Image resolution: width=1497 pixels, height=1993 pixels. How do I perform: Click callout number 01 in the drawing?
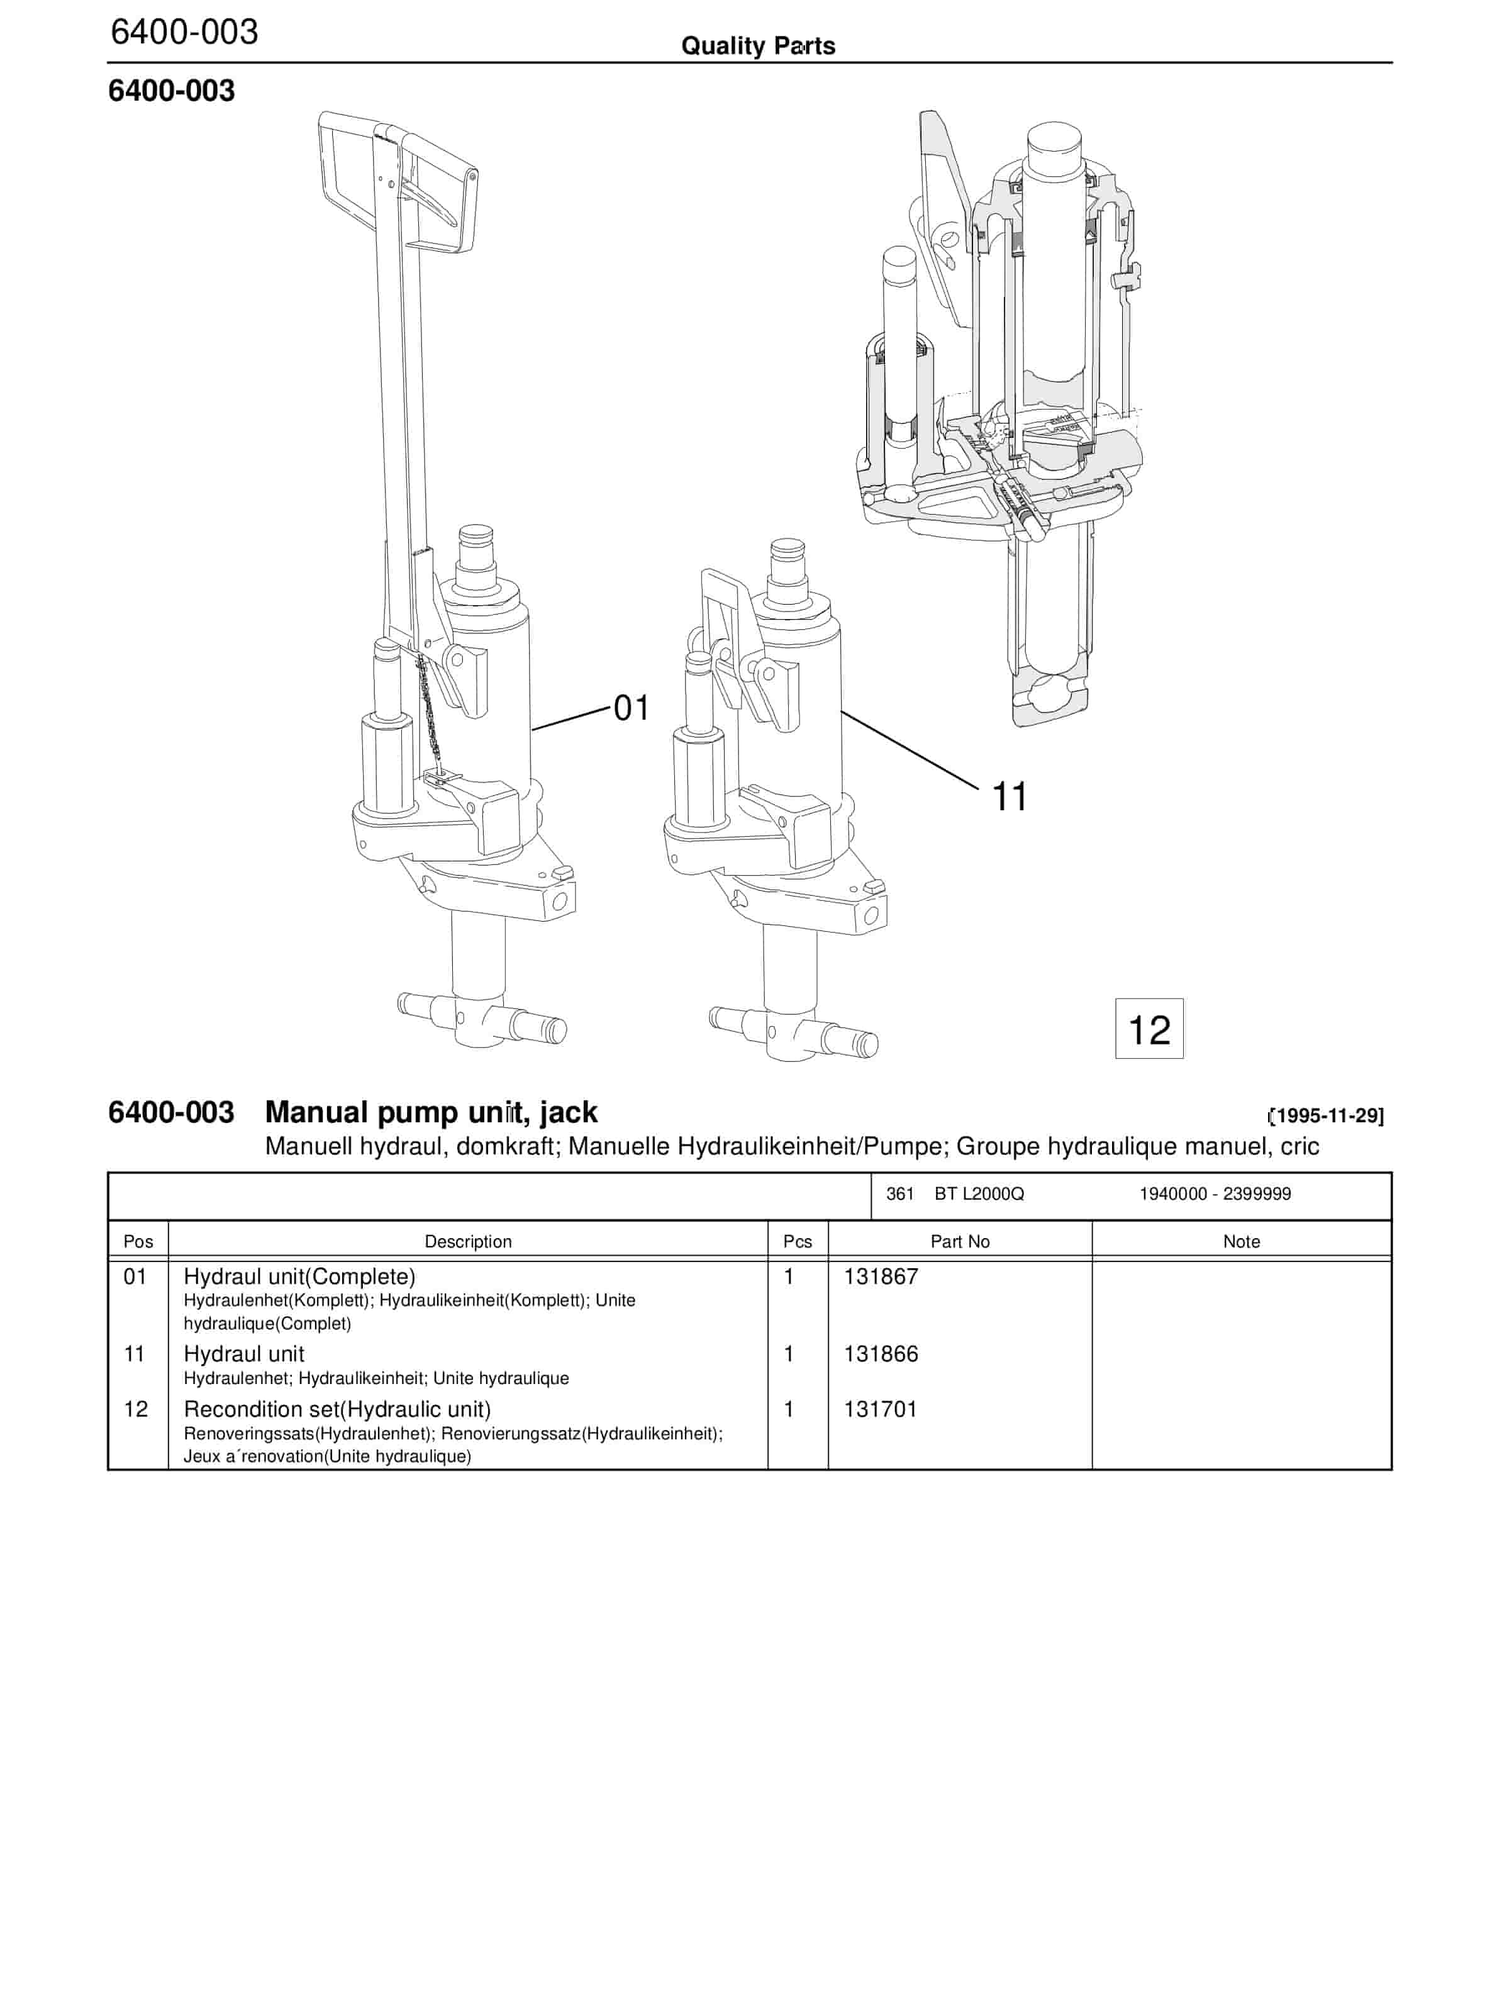tap(632, 708)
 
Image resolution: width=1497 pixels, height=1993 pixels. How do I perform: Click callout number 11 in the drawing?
tap(1009, 797)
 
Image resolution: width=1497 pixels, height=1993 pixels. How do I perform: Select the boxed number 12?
tap(1149, 1029)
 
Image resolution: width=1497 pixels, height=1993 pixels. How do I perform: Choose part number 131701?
tap(880, 1409)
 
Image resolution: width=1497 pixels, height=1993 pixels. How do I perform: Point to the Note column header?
tap(1241, 1242)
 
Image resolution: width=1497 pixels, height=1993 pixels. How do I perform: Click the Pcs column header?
tap(797, 1242)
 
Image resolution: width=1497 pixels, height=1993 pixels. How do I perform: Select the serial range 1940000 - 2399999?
tap(1215, 1194)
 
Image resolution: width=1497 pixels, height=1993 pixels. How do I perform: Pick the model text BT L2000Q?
tap(979, 1194)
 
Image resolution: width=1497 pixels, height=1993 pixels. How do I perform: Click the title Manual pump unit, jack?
tap(431, 1113)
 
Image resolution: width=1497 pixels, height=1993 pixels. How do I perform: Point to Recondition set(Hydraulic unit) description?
tap(337, 1409)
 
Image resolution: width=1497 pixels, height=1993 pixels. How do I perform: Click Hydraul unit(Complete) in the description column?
tap(299, 1276)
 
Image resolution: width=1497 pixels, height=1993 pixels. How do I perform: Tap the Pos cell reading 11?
tap(134, 1354)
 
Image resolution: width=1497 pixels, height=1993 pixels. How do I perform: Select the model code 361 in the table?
tap(900, 1194)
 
